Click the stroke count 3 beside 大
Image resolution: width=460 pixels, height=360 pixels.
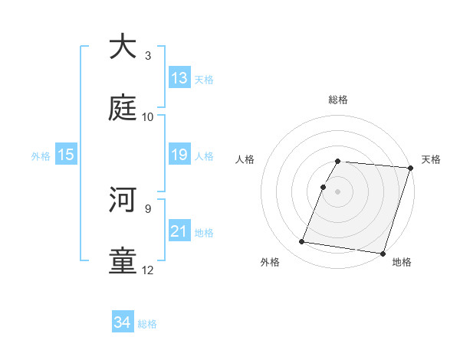click(148, 56)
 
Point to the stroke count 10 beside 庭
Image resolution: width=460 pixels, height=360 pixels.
click(148, 117)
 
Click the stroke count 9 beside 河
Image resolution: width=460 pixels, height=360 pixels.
click(148, 208)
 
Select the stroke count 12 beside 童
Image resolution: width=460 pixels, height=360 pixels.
click(148, 270)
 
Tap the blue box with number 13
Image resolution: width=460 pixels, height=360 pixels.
click(179, 78)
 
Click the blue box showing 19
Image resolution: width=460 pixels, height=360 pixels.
click(179, 155)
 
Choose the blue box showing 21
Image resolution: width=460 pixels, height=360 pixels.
click(179, 231)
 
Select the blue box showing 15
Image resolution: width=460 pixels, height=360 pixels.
click(66, 155)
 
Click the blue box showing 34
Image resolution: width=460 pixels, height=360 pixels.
click(123, 322)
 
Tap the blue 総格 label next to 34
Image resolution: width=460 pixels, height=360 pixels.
click(147, 324)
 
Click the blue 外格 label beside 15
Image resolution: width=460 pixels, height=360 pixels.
click(41, 156)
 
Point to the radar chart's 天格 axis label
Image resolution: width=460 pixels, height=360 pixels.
click(431, 159)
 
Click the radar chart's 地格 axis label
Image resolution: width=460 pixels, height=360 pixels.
click(402, 262)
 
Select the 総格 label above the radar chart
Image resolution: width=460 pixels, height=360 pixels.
click(338, 100)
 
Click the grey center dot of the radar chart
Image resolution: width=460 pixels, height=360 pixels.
click(338, 191)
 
